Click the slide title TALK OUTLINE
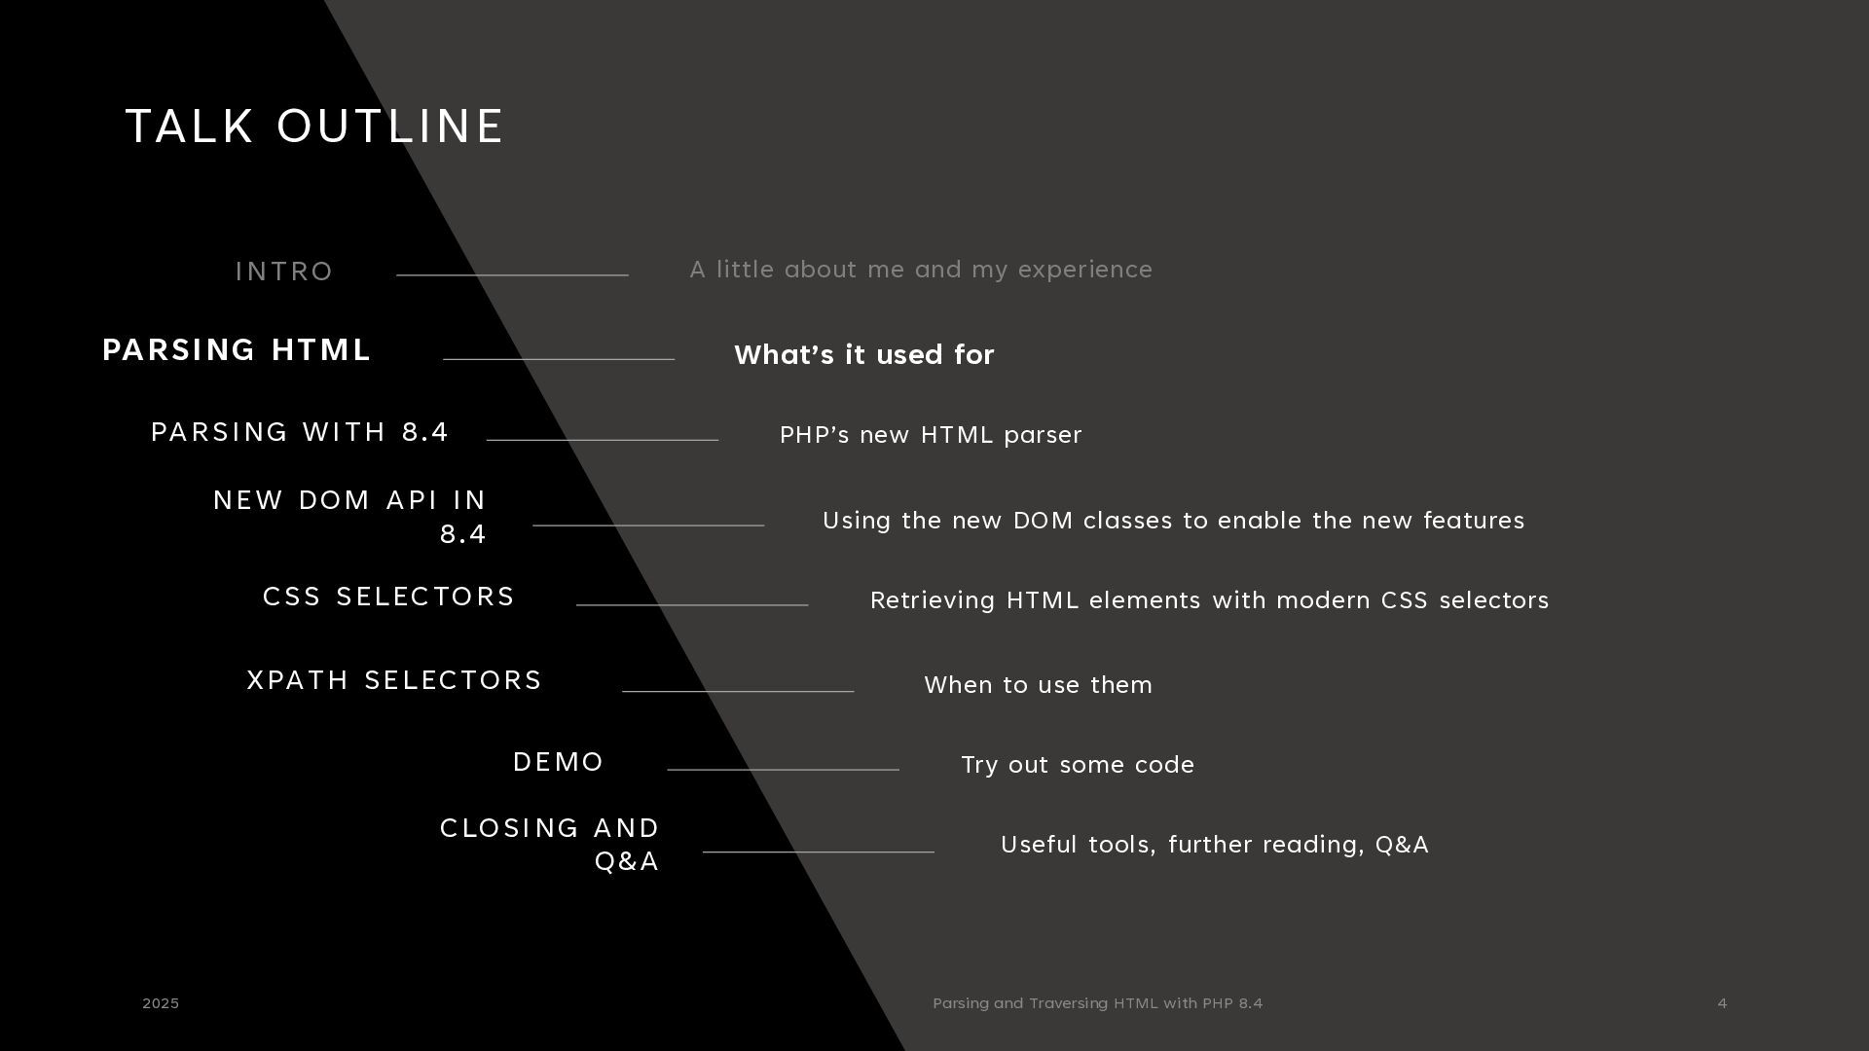[x=314, y=127]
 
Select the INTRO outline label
[x=284, y=272]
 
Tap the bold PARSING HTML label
[x=237, y=350]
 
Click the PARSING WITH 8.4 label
[x=300, y=432]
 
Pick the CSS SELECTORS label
[x=388, y=597]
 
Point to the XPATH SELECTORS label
[x=394, y=680]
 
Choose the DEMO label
[x=558, y=762]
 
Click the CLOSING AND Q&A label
[x=551, y=844]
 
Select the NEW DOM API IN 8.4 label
[x=350, y=517]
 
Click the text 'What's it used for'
[x=863, y=355]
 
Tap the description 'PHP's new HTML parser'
[x=931, y=435]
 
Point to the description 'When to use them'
[x=1038, y=685]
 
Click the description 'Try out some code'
[x=1078, y=765]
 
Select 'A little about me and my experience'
[x=921, y=270]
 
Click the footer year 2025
[x=161, y=1003]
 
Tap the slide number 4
[x=1722, y=1003]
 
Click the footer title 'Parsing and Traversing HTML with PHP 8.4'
[x=1097, y=1003]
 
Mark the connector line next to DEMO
[x=783, y=770]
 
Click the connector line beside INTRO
[x=512, y=275]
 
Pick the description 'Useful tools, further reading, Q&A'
[x=1214, y=845]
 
